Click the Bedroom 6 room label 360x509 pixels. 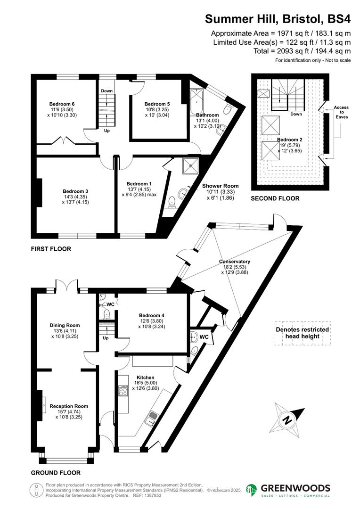click(x=62, y=104)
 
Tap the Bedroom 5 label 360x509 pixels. click(x=157, y=104)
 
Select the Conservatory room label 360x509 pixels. click(x=234, y=262)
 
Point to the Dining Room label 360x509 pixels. click(x=65, y=325)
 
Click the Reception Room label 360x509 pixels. click(x=69, y=406)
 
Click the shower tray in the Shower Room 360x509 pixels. click(x=191, y=165)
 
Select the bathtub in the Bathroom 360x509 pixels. click(x=196, y=101)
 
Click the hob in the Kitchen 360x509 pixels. click(x=123, y=391)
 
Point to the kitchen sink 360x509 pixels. click(x=154, y=418)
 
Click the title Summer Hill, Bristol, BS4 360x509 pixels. click(x=278, y=19)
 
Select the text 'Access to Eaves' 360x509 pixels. click(x=341, y=112)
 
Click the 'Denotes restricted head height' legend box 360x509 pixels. click(x=303, y=333)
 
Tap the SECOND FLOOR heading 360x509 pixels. click(x=275, y=199)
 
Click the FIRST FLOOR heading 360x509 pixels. click(x=51, y=249)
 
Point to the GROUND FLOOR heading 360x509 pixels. click(x=56, y=473)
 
